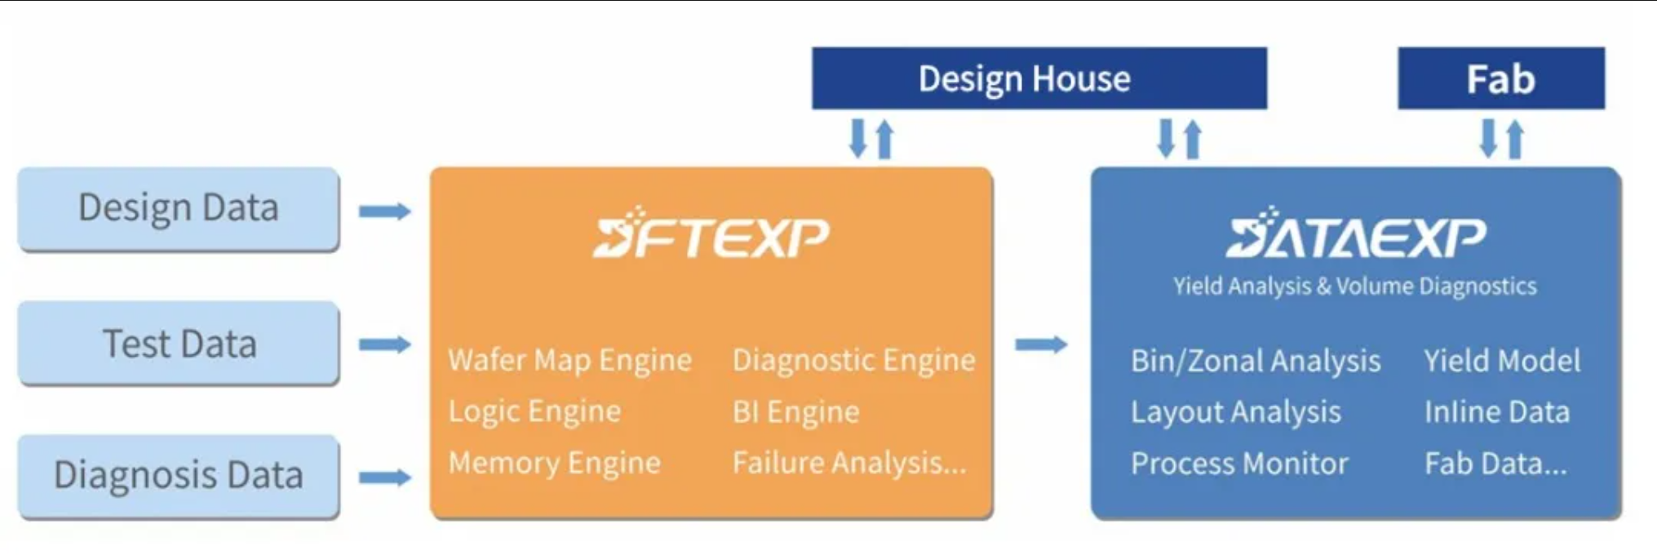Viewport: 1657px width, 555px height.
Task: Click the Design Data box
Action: pos(178,208)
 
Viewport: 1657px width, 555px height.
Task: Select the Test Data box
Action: pos(178,344)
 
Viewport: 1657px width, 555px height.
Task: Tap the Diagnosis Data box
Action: pos(178,476)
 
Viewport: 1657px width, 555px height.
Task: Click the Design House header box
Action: pos(1039,78)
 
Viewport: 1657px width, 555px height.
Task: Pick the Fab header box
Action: pos(1500,78)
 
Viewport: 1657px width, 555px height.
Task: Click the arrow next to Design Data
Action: pos(384,211)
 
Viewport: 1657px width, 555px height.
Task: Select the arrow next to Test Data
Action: pos(384,344)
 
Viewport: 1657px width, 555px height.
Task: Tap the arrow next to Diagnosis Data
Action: pos(384,477)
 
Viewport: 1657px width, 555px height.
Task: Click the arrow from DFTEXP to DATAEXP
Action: pos(1041,344)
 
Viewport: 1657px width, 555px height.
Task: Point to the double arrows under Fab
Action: pos(1501,139)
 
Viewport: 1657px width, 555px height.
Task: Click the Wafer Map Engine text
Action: pos(569,360)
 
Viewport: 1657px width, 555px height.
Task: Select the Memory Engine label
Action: pos(554,463)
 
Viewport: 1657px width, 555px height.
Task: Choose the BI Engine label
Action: pos(795,412)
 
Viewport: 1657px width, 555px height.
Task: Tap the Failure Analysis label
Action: pos(848,463)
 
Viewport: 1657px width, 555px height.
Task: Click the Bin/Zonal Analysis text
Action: pos(1255,361)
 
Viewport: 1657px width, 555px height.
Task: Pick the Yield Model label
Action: pos(1502,361)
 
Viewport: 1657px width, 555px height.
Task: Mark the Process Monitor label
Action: pos(1239,464)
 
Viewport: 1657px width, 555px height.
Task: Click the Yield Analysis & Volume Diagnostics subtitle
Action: pos(1354,286)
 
